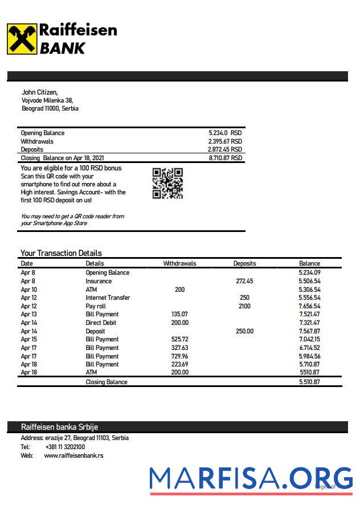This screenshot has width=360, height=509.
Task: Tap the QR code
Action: (167, 184)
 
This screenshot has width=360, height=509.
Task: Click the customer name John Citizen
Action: (39, 92)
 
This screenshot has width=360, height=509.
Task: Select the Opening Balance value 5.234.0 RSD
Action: (225, 133)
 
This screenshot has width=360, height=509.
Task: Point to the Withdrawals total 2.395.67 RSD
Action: (225, 141)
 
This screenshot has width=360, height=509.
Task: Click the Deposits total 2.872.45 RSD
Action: (225, 149)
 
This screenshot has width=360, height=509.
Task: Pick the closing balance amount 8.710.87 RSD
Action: (225, 158)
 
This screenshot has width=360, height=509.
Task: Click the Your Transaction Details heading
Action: (61, 253)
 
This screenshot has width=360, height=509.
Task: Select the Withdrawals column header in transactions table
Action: (179, 263)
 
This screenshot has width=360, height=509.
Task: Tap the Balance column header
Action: (309, 263)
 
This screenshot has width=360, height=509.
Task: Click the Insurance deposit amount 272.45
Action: (244, 281)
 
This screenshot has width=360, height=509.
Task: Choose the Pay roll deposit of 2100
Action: (244, 306)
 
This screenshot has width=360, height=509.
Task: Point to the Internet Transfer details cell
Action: (108, 298)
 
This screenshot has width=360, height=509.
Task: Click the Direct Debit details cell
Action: (101, 323)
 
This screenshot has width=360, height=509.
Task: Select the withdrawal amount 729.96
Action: (179, 356)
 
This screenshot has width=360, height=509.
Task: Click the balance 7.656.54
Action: (309, 306)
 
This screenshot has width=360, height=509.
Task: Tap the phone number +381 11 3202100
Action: (65, 447)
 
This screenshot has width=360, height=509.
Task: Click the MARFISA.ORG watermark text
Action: (251, 479)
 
